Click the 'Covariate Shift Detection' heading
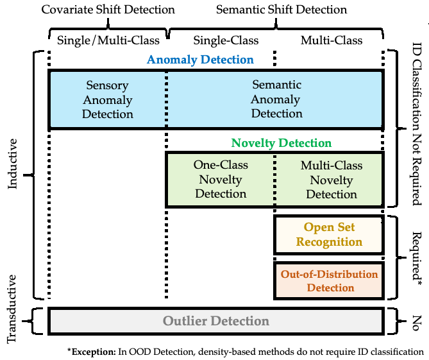point(108,10)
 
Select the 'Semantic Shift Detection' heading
point(282,10)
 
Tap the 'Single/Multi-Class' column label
point(108,40)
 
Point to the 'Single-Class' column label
point(226,40)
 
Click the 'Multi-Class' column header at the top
point(332,40)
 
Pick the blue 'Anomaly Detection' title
point(200,60)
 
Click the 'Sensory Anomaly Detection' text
point(108,99)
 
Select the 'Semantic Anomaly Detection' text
point(276,99)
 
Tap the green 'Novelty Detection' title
point(282,143)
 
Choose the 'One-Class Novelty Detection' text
point(221,179)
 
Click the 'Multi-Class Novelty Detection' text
point(332,180)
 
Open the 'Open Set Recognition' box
point(329,235)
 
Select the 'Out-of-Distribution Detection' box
point(329,281)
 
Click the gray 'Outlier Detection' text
point(216,321)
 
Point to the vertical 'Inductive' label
point(12,164)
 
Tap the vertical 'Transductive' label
point(12,309)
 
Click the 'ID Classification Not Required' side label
point(416,124)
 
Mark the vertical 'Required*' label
point(417,259)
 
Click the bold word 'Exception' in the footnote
point(92,352)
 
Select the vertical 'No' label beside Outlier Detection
point(416,323)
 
